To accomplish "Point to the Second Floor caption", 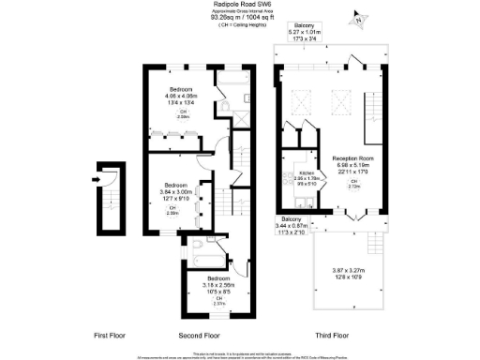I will [199, 334].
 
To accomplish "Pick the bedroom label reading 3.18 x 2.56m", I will [217, 284].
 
